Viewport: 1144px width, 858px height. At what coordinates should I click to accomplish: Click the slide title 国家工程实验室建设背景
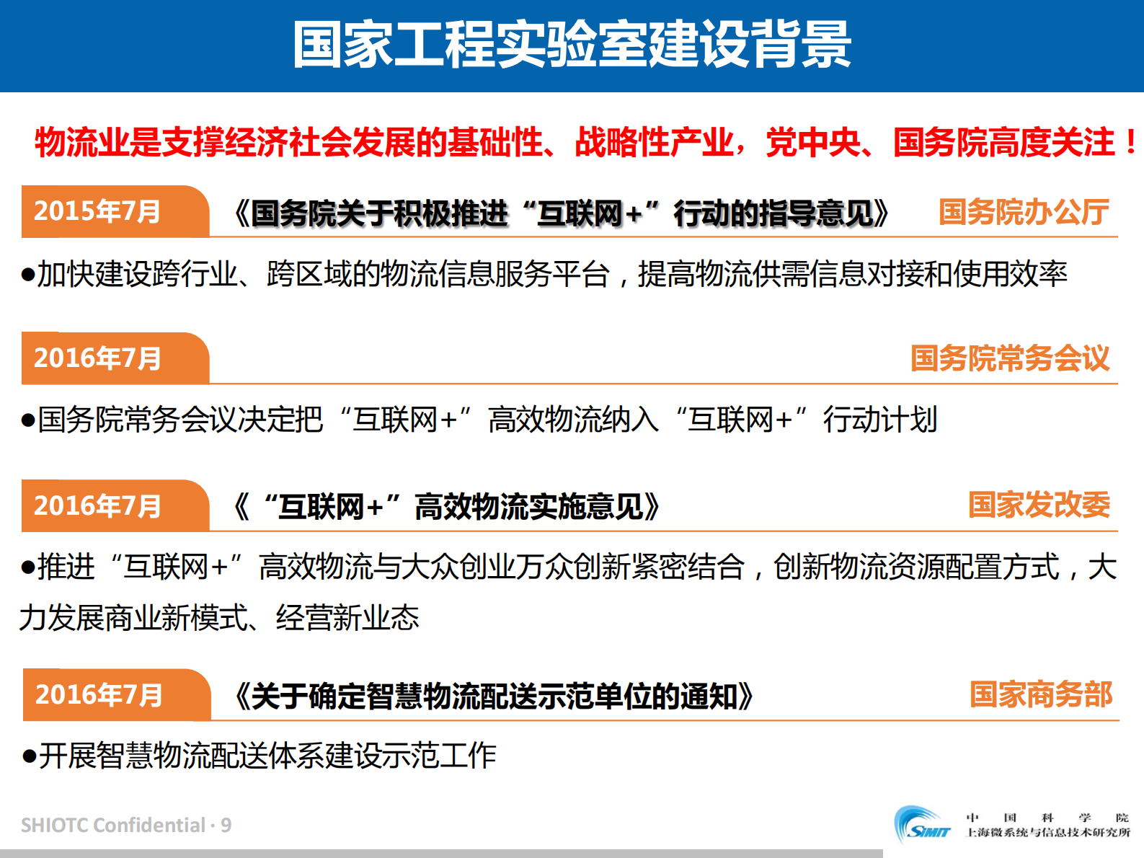(x=572, y=45)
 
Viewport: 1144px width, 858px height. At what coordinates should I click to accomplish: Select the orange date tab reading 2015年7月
(x=97, y=211)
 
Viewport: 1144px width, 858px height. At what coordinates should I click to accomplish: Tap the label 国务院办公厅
(x=1024, y=212)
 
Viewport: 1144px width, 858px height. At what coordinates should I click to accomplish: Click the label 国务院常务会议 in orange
(x=1010, y=358)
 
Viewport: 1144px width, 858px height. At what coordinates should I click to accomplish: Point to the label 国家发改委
(x=1039, y=505)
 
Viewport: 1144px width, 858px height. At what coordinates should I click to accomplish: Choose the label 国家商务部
(x=1041, y=694)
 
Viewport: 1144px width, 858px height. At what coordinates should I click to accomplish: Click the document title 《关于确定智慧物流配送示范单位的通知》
(x=494, y=696)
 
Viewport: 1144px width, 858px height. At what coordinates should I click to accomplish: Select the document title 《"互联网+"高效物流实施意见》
(x=446, y=507)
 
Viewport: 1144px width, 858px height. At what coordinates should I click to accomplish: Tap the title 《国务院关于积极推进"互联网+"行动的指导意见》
(x=561, y=213)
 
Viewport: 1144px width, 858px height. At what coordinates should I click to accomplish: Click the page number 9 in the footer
(x=226, y=825)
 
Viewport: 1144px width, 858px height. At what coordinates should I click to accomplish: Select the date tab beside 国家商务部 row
(x=99, y=695)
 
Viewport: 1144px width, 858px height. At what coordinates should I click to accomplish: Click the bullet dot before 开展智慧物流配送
(x=30, y=756)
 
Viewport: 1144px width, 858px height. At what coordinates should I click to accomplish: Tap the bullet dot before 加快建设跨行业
(x=28, y=275)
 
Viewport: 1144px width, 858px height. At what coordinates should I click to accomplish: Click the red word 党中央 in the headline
(x=812, y=142)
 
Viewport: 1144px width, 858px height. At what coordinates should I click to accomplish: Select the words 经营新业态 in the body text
(x=347, y=618)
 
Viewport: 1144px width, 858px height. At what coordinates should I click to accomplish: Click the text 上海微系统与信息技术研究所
(x=1048, y=833)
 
